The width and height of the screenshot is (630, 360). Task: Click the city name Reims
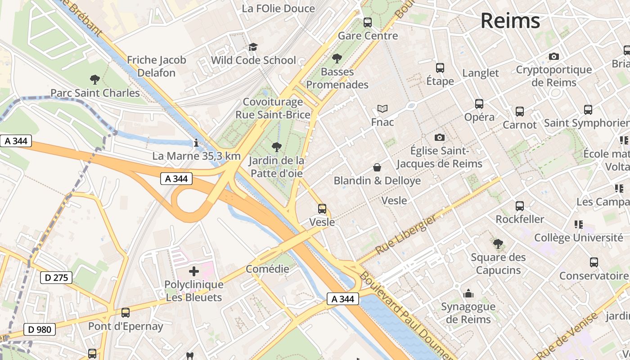510,21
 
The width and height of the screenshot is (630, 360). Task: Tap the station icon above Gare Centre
368,22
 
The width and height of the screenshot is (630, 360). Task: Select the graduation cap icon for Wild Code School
253,47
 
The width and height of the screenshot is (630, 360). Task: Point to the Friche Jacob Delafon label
156,66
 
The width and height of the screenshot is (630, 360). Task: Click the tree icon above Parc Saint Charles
94,80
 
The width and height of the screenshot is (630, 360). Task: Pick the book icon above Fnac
382,108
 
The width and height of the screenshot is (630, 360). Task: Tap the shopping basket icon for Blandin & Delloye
377,167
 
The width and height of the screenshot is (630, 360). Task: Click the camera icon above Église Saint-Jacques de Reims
439,137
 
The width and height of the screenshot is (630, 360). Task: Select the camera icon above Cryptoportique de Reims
553,56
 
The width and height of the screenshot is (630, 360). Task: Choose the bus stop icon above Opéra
479,104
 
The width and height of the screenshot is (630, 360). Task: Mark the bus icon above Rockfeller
519,206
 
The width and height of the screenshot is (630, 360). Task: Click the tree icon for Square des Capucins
498,244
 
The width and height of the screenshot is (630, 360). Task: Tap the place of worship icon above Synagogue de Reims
468,293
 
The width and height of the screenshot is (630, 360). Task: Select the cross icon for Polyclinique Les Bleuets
193,271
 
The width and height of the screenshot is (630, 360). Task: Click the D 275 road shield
56,278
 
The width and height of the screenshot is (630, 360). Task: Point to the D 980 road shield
39,329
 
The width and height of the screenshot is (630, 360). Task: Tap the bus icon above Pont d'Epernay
125,313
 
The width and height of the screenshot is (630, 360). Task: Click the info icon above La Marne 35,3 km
196,144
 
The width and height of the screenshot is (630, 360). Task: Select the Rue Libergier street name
406,235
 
